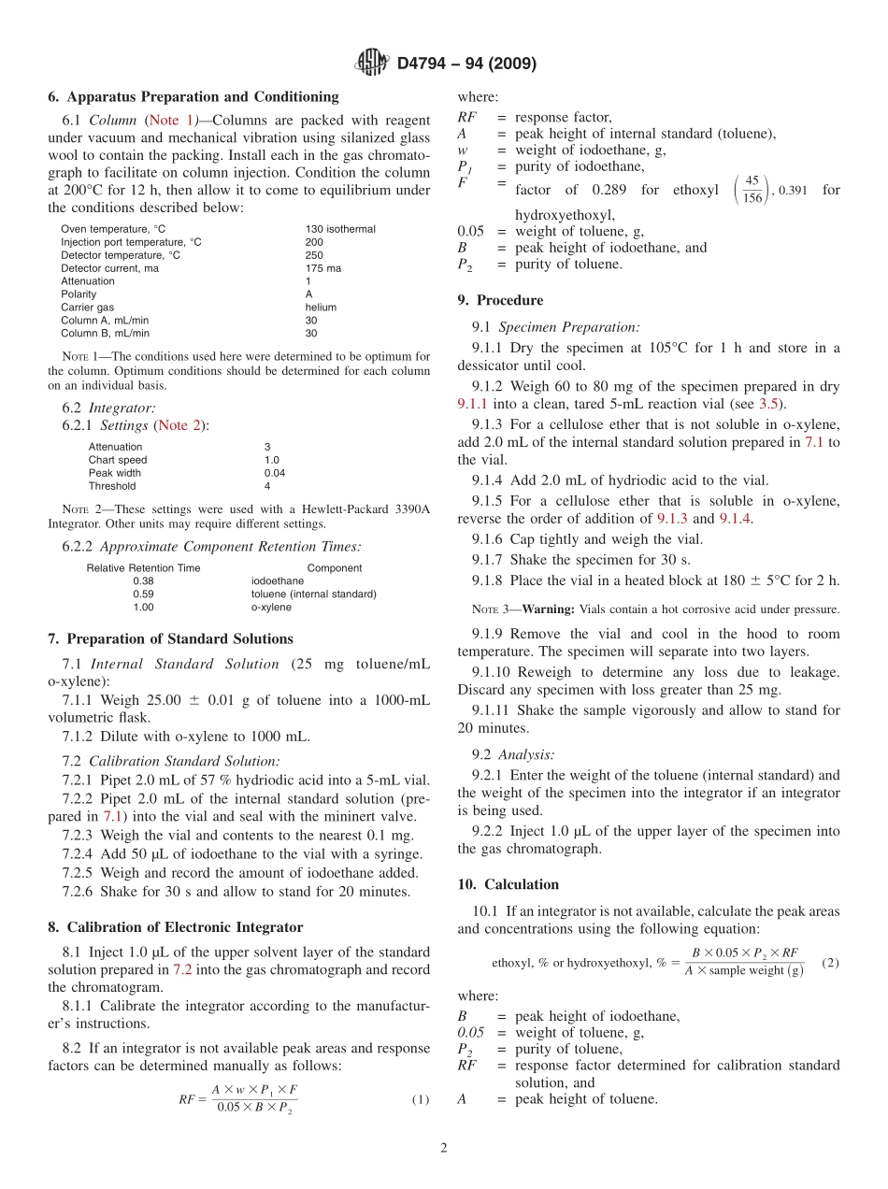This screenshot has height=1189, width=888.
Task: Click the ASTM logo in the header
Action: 372,64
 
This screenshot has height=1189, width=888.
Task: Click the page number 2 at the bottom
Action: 444,1148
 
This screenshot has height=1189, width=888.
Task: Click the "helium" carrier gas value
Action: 321,308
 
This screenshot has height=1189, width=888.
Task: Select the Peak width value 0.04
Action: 275,473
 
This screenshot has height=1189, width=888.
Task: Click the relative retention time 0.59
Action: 143,594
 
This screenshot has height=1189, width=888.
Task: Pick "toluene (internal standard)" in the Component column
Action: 313,594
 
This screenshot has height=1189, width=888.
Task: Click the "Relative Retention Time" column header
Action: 143,567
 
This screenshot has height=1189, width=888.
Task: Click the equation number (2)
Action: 829,962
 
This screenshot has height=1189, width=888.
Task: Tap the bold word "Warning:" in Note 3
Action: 548,609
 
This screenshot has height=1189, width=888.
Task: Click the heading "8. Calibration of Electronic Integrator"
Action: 175,927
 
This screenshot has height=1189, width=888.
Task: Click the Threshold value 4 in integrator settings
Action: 267,486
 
